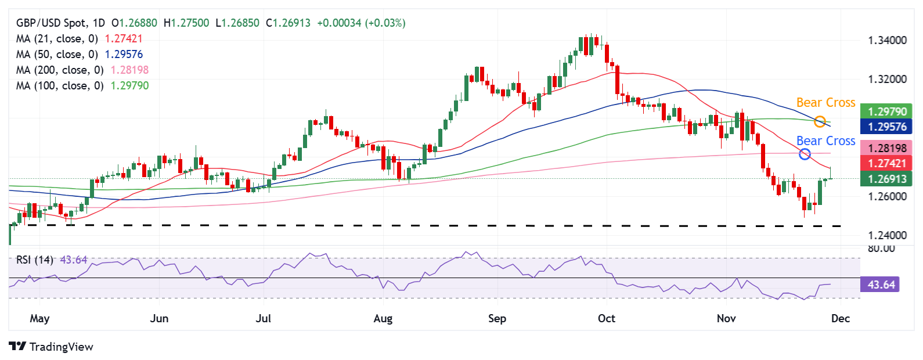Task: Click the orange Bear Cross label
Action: (825, 103)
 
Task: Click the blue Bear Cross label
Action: (825, 141)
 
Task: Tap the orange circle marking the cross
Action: (820, 121)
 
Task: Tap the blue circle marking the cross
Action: (805, 154)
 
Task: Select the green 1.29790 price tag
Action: (886, 111)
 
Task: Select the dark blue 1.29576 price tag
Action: (886, 127)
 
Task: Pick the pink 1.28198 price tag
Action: (886, 148)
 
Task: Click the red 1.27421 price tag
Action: (886, 163)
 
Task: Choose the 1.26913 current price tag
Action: (886, 179)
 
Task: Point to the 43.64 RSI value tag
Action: (880, 285)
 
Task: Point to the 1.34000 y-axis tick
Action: (887, 40)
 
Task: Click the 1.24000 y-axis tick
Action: (887, 235)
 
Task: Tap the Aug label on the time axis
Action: (383, 319)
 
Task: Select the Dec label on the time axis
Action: (840, 319)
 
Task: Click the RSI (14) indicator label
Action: (34, 260)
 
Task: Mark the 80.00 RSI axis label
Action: (881, 249)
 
